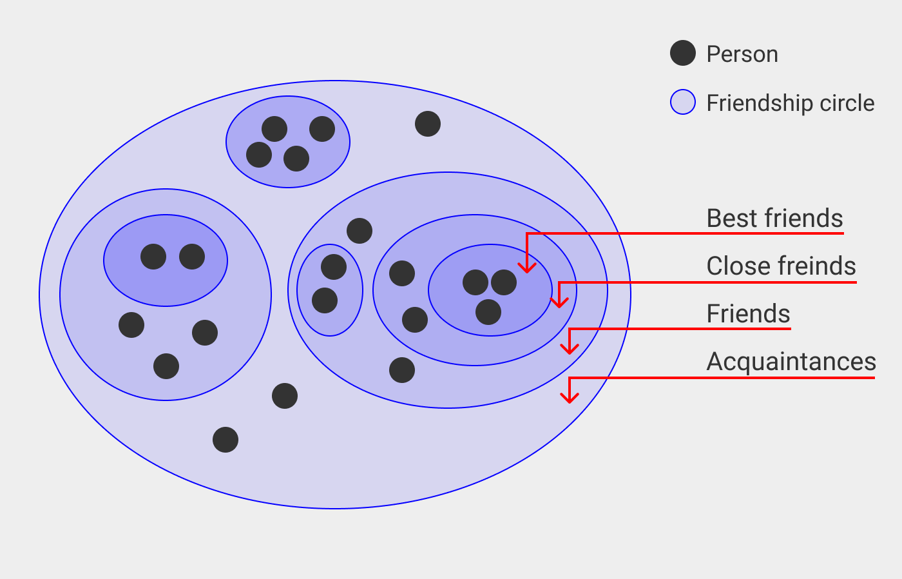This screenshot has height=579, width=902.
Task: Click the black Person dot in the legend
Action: tap(683, 54)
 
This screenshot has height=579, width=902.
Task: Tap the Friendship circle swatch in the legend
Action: tap(683, 102)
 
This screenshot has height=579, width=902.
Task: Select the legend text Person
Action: tap(742, 54)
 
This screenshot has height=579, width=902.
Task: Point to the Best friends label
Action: tap(774, 219)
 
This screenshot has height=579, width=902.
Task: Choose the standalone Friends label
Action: tap(748, 314)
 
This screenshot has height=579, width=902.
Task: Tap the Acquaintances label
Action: tap(791, 362)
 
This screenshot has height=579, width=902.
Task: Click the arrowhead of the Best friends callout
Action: tap(527, 268)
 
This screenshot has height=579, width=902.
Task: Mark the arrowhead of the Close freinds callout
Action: tap(559, 303)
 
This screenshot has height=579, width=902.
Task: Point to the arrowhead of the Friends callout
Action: tap(570, 350)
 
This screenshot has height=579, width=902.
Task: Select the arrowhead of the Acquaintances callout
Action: tap(569, 398)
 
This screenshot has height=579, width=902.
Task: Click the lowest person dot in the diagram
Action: tap(225, 440)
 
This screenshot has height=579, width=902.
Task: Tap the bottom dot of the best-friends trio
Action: tap(488, 312)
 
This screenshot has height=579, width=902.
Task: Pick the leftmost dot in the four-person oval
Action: tap(259, 155)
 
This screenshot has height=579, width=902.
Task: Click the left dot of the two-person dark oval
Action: tap(153, 257)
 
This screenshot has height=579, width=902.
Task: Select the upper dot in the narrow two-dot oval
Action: tap(334, 267)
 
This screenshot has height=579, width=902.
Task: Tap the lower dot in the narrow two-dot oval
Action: tap(325, 300)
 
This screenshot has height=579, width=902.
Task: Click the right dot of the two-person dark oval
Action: tap(192, 257)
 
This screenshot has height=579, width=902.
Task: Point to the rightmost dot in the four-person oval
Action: tap(322, 129)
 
